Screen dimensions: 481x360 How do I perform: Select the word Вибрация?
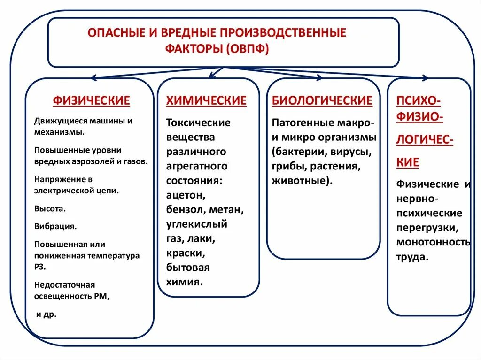(x=55, y=226)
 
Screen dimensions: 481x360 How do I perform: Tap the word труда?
(x=412, y=257)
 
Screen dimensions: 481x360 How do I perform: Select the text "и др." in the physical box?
(x=46, y=314)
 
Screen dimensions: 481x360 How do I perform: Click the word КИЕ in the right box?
(x=407, y=162)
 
